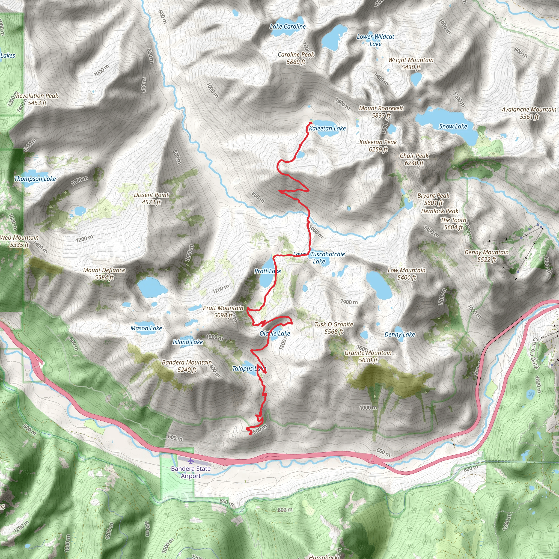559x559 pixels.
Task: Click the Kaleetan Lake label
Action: tap(327, 128)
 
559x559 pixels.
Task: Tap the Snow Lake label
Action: tap(453, 126)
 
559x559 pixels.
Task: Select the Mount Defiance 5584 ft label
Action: tap(104, 274)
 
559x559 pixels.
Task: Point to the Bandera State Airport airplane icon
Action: tap(191, 460)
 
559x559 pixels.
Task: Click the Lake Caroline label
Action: tap(288, 27)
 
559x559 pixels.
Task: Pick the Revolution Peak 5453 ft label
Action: tap(37, 99)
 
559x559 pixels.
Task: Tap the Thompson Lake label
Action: tap(35, 179)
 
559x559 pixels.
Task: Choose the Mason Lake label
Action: tap(146, 328)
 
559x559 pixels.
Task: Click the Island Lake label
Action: tap(188, 342)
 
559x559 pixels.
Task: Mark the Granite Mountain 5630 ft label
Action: tap(368, 356)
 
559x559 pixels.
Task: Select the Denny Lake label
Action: tap(400, 334)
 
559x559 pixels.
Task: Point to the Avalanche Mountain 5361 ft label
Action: tap(529, 113)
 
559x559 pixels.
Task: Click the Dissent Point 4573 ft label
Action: tap(151, 198)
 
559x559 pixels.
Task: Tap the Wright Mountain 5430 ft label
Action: tap(411, 64)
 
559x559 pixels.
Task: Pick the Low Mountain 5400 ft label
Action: tap(406, 274)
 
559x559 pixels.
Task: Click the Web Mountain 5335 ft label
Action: tap(19, 241)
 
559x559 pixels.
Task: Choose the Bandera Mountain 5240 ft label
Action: tap(187, 366)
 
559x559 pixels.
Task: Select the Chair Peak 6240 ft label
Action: tap(414, 159)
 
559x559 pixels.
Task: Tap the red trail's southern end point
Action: tap(250, 433)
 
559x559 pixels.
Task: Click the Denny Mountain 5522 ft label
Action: tap(486, 256)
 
